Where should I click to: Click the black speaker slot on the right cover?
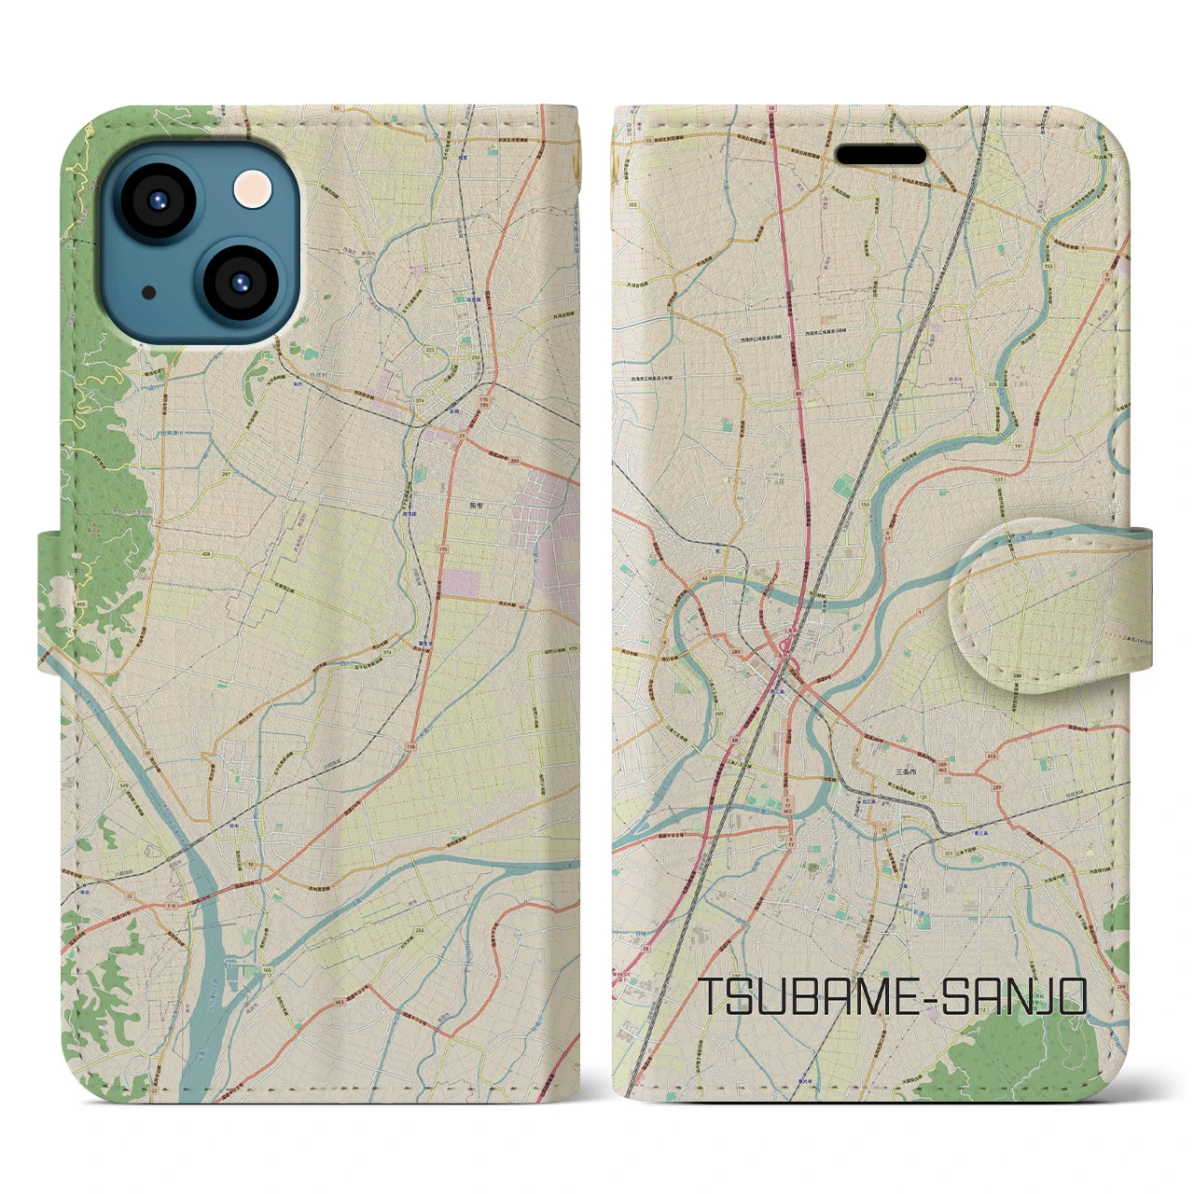(x=880, y=153)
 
